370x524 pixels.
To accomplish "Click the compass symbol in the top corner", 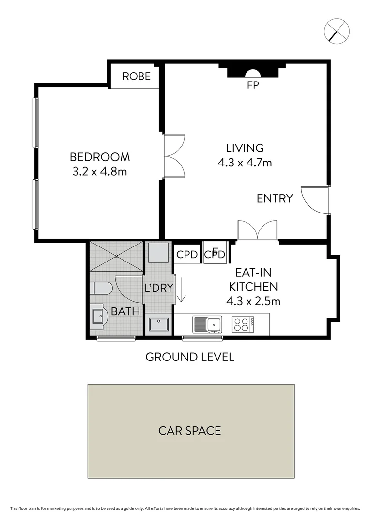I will click(337, 31).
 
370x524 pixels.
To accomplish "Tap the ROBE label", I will click(136, 76).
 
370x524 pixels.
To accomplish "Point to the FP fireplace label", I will click(253, 85).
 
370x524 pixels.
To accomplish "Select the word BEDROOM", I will click(100, 157).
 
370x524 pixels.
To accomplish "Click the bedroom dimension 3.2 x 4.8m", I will click(100, 171).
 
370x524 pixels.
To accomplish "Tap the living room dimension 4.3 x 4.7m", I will click(245, 163).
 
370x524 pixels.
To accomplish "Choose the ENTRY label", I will click(275, 198).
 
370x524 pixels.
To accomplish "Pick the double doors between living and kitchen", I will click(257, 230).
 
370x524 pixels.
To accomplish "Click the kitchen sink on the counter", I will click(207, 324).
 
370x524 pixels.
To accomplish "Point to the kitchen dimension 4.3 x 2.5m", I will click(253, 301).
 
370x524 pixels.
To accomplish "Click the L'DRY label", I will click(159, 288).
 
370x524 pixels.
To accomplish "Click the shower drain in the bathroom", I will click(116, 256).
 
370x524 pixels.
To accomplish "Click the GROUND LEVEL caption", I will click(190, 358).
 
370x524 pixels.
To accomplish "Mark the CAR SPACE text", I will click(190, 430).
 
